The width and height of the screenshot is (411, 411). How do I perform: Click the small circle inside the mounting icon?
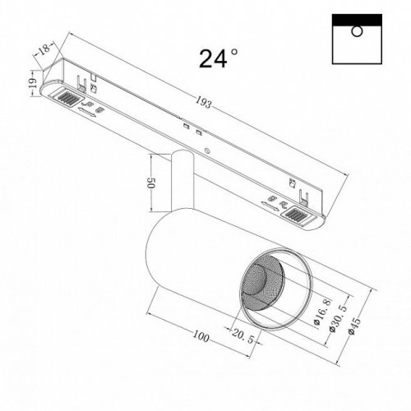point(355,31)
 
